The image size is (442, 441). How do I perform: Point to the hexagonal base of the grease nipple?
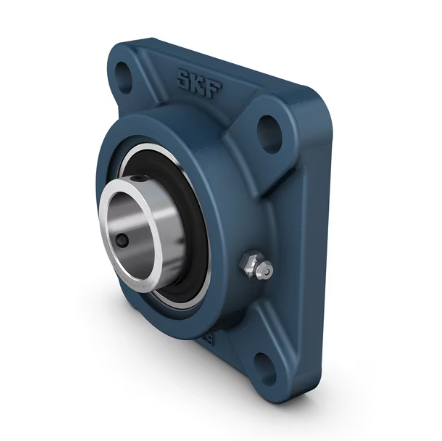point(249,266)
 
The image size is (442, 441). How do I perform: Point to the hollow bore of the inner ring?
point(135,224)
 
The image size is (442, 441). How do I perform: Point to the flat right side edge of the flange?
point(300,250)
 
